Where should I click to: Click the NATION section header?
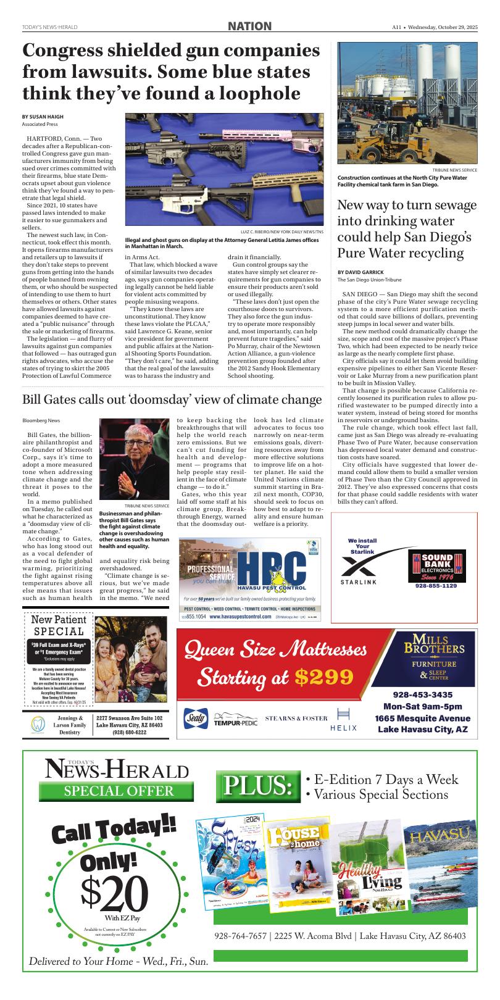click(249, 26)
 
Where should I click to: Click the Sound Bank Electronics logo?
click(436, 564)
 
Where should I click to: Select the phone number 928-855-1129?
click(436, 586)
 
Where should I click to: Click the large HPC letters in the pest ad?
click(272, 566)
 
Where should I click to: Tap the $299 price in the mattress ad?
click(323, 677)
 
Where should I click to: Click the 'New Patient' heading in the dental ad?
click(58, 620)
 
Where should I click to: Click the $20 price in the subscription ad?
click(115, 894)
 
